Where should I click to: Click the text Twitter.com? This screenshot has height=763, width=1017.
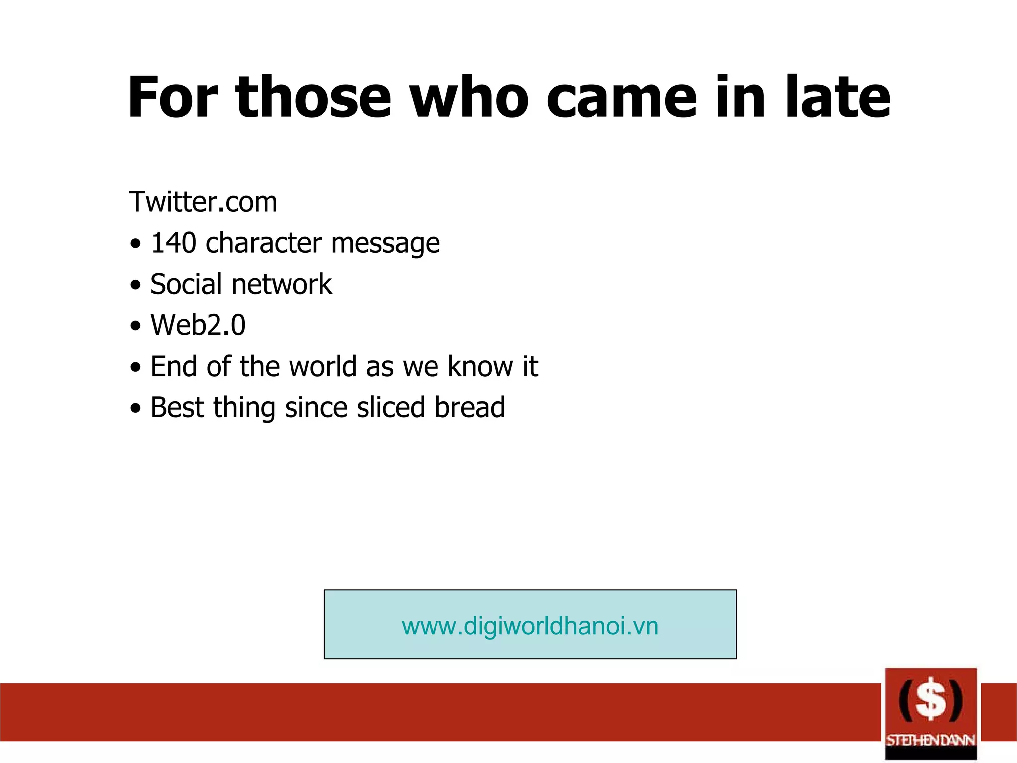tap(203, 202)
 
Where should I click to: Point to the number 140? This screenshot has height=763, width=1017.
tap(173, 243)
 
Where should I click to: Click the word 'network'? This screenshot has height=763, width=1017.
tap(282, 284)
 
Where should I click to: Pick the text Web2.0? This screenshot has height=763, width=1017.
tap(198, 325)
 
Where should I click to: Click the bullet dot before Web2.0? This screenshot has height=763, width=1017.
tap(135, 327)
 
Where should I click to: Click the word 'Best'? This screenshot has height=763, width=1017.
tap(177, 408)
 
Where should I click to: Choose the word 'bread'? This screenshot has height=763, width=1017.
tap(470, 408)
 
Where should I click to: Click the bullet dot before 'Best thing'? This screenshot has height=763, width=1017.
tap(135, 409)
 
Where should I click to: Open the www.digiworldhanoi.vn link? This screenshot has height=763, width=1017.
tap(530, 626)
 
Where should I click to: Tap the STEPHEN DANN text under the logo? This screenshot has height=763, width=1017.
tap(931, 740)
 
